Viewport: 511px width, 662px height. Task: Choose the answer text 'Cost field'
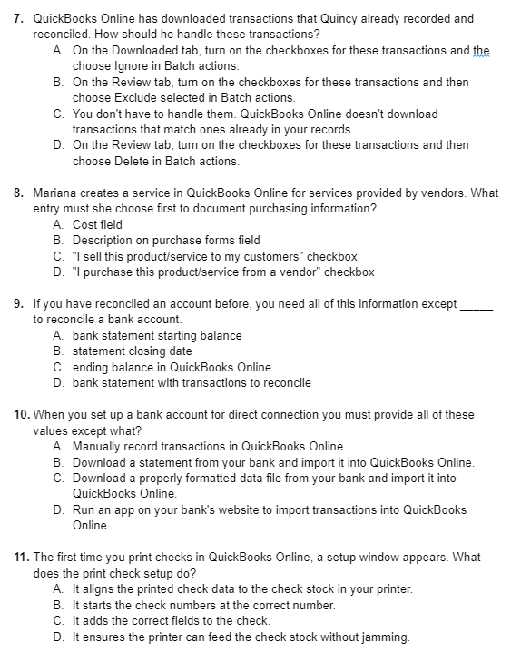[x=97, y=224]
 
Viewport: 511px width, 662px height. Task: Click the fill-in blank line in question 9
[x=477, y=304]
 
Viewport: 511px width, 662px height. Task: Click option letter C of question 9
[x=59, y=367]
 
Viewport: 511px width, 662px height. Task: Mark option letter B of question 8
[x=59, y=241]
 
